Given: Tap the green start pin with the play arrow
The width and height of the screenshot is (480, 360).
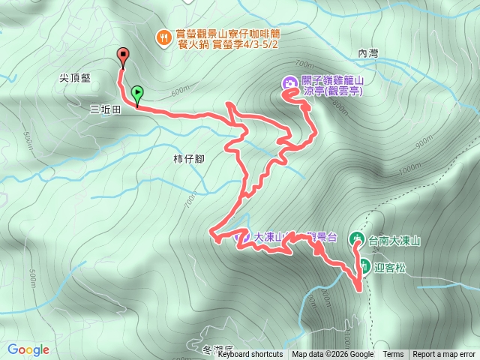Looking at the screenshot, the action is (137, 93).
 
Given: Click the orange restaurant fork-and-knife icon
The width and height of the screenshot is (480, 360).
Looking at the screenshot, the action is (161, 35).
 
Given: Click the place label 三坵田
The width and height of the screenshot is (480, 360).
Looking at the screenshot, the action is (106, 109).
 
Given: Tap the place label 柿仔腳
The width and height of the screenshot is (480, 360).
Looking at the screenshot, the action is (187, 159).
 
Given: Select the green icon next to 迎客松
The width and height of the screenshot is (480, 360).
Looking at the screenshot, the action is (363, 264).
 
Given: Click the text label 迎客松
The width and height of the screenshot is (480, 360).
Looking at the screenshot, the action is (388, 265).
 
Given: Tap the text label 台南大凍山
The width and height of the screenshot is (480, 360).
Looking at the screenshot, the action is (394, 241).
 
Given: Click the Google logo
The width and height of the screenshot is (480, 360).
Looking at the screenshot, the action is (28, 349).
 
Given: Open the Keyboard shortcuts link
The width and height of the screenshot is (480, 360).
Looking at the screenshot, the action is (250, 355).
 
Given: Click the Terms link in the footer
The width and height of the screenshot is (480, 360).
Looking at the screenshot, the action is (393, 355).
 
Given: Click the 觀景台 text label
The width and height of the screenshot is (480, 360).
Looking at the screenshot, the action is (322, 238).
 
